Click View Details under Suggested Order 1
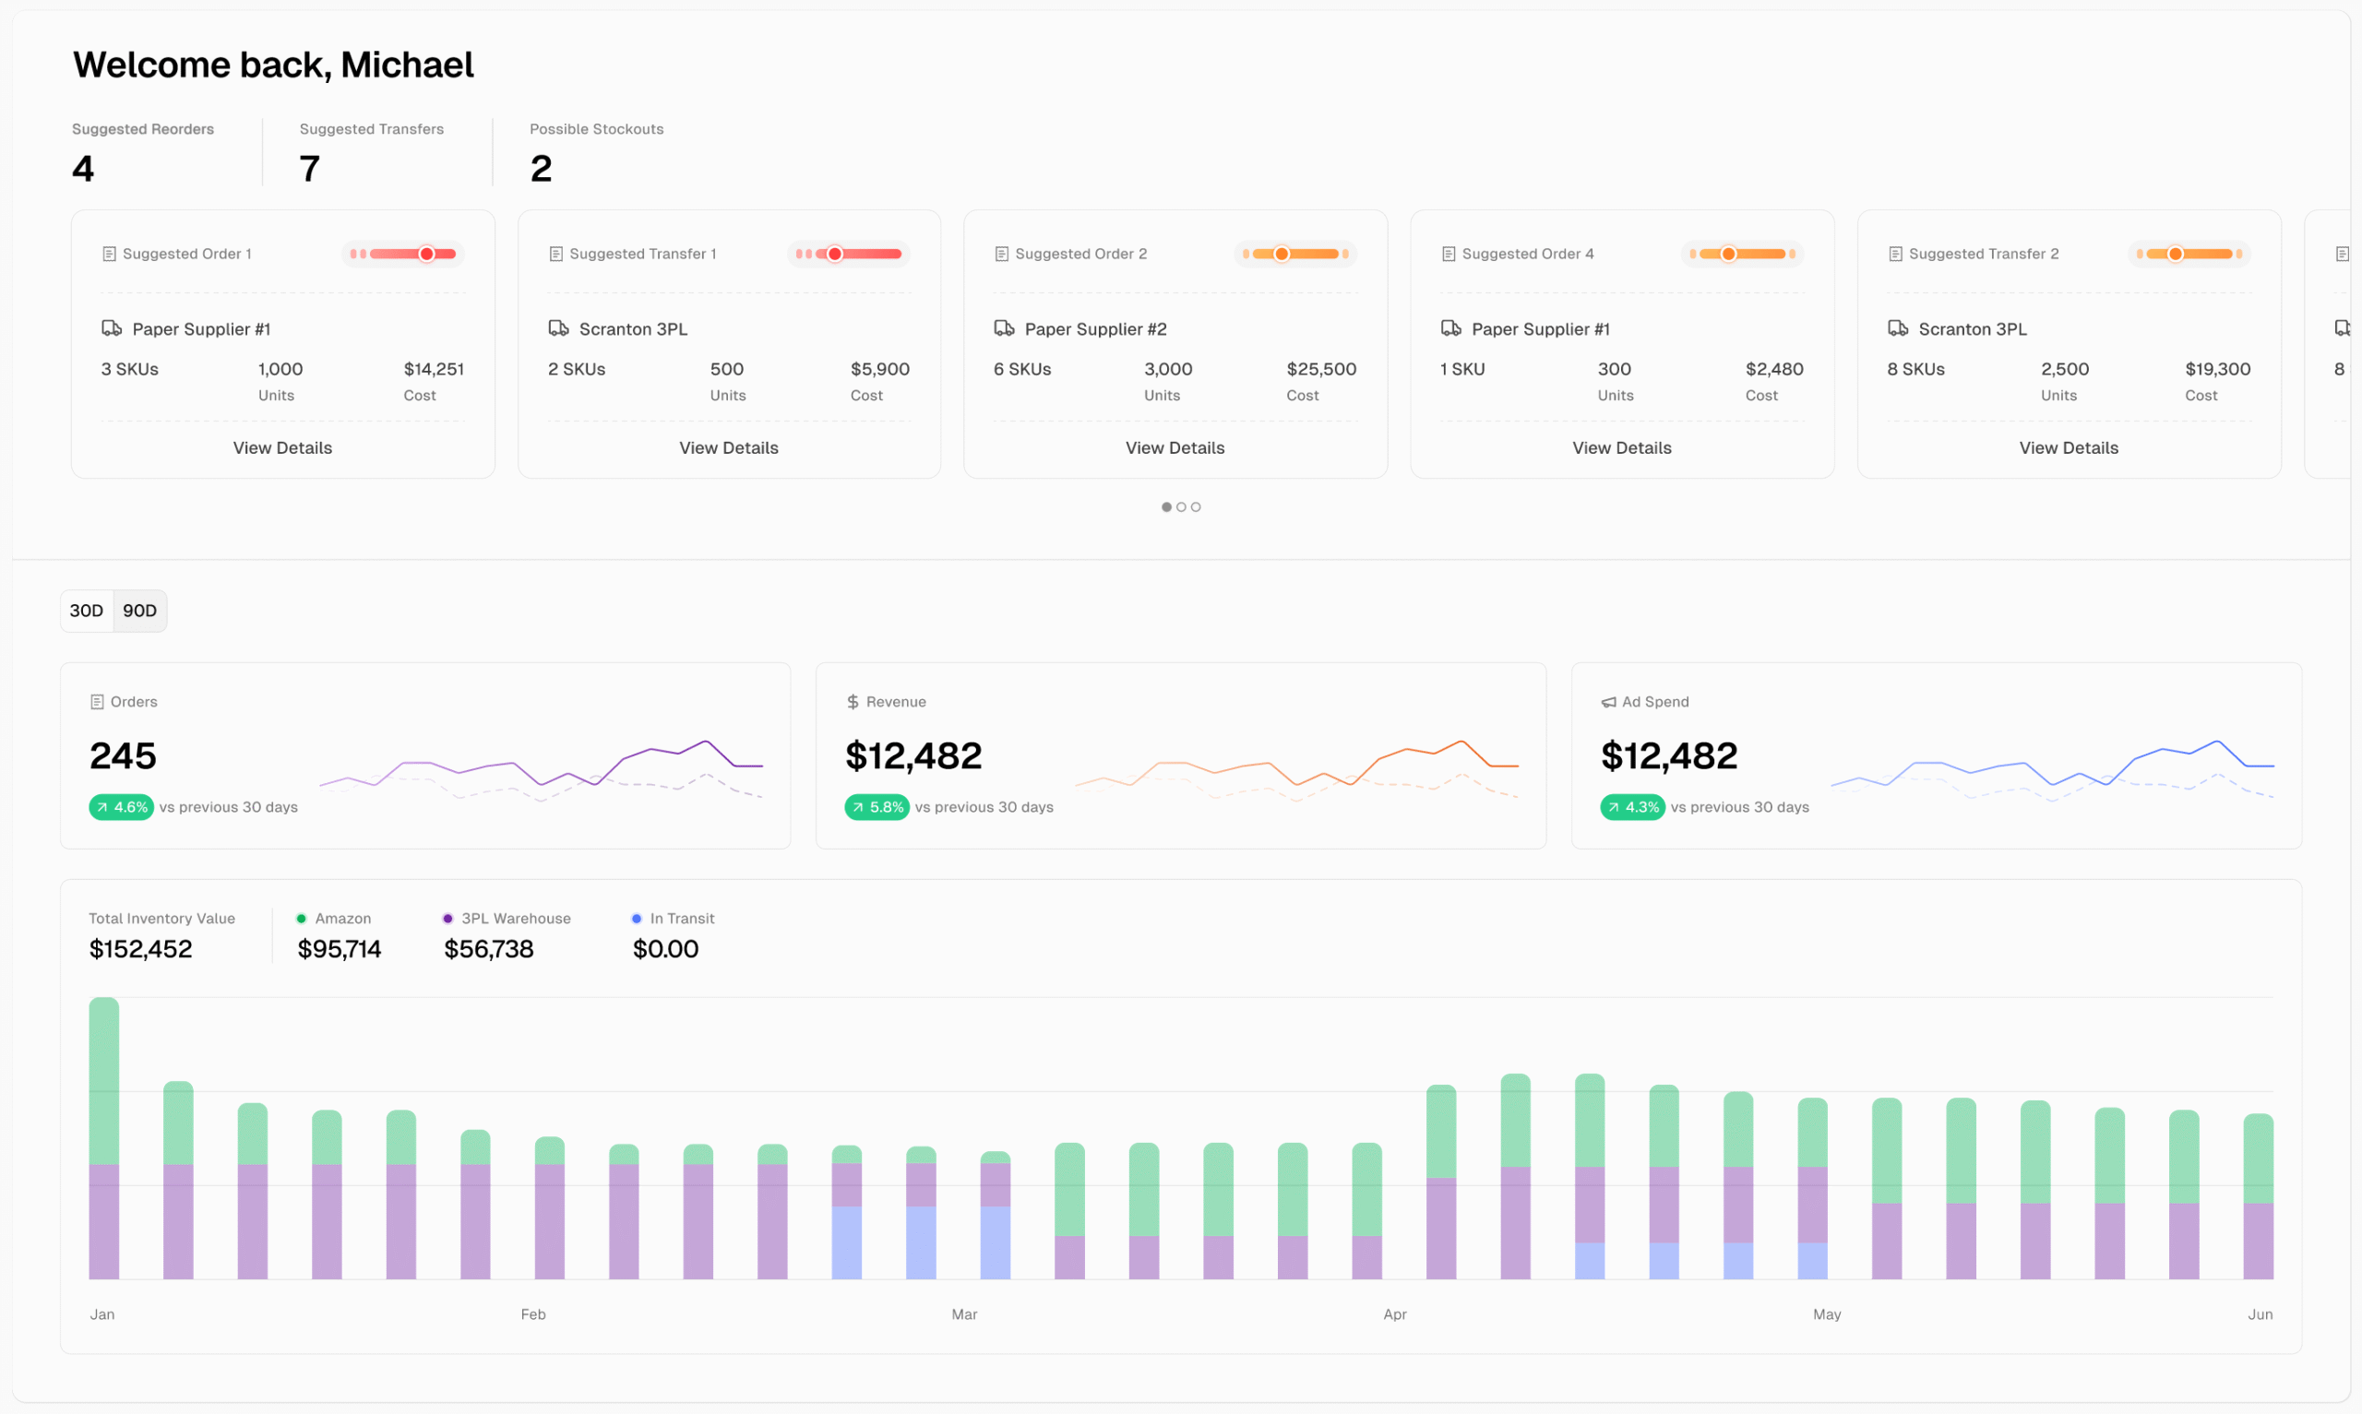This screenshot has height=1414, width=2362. [282, 448]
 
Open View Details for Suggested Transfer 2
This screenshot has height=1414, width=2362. [2068, 448]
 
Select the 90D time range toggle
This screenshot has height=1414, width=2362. [139, 611]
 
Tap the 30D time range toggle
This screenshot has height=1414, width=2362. [86, 611]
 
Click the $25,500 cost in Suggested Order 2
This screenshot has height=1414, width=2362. [1320, 369]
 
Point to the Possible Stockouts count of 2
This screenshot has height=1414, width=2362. [541, 169]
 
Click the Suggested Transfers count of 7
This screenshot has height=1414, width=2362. [309, 169]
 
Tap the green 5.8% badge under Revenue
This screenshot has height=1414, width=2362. [877, 807]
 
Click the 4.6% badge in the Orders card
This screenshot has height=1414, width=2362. [121, 807]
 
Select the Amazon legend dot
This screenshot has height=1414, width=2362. [301, 919]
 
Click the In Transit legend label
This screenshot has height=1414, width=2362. [681, 919]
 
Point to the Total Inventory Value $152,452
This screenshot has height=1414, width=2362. [140, 949]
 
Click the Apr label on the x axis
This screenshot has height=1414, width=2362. [1394, 1314]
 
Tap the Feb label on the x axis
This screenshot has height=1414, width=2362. [532, 1314]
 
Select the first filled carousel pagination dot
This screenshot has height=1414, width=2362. [1165, 507]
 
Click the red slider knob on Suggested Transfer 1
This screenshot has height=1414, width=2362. [835, 254]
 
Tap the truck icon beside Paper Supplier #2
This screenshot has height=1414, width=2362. [1003, 328]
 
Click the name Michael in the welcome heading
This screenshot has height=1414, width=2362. [407, 65]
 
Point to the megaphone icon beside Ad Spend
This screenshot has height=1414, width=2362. [1608, 702]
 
